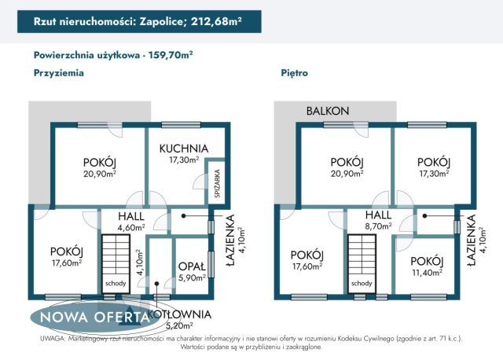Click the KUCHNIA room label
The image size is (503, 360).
pyautogui.click(x=183, y=148)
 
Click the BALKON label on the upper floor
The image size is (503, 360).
pyautogui.click(x=328, y=112)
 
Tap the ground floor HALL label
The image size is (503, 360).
pyautogui.click(x=130, y=216)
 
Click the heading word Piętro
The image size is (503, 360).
pyautogui.click(x=294, y=73)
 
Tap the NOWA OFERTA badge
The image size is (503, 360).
pyautogui.click(x=89, y=317)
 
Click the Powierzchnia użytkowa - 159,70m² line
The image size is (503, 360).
pyautogui.click(x=114, y=55)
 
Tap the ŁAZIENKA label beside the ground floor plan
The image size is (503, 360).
pyautogui.click(x=230, y=244)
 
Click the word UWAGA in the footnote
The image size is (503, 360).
pyautogui.click(x=50, y=338)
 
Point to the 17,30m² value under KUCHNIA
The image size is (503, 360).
pyautogui.click(x=183, y=160)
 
